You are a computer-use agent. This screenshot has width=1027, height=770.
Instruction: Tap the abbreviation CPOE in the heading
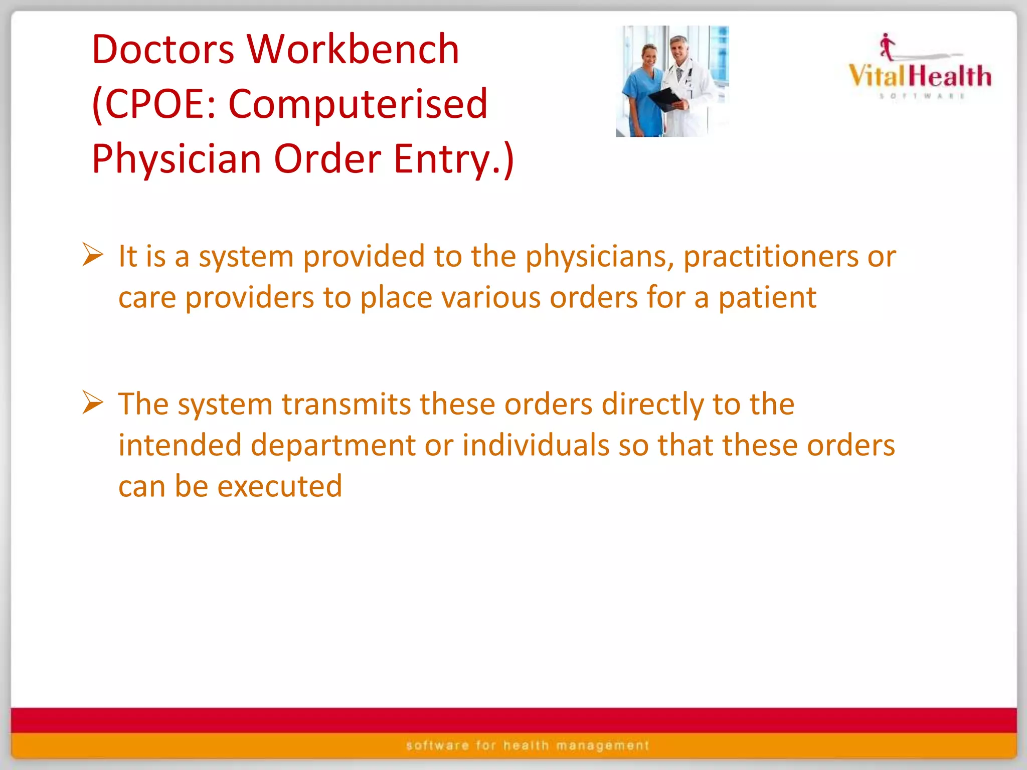[x=160, y=104]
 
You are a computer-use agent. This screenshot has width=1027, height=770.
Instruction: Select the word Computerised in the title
[x=358, y=104]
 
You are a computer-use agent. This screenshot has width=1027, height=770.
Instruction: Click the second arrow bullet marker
[x=93, y=403]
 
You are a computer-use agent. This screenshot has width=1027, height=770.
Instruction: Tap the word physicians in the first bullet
[x=599, y=257]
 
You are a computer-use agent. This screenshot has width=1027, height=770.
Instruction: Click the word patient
[x=767, y=298]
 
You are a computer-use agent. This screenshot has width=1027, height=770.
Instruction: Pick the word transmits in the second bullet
[x=346, y=404]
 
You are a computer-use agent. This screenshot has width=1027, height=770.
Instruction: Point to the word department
[x=333, y=445]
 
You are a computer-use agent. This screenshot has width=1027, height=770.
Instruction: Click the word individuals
[x=536, y=445]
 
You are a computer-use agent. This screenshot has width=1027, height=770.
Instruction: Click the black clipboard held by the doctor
[x=665, y=99]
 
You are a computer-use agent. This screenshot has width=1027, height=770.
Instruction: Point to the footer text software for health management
[x=528, y=745]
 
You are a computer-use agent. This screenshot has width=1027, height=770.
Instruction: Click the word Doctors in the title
[x=163, y=49]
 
